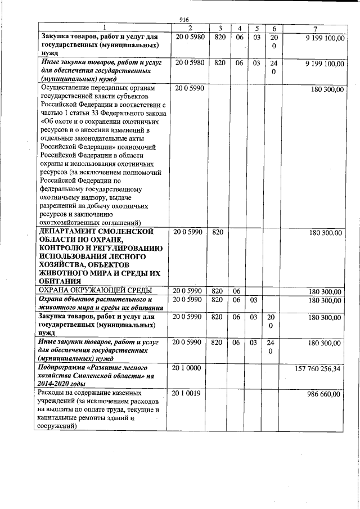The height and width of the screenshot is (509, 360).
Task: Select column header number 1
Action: click(x=103, y=28)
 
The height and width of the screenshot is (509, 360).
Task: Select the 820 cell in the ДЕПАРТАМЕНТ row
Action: click(x=219, y=232)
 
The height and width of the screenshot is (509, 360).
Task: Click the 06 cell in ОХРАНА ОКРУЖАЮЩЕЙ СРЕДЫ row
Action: click(x=239, y=291)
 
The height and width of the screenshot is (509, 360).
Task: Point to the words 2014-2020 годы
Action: click(x=63, y=384)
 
